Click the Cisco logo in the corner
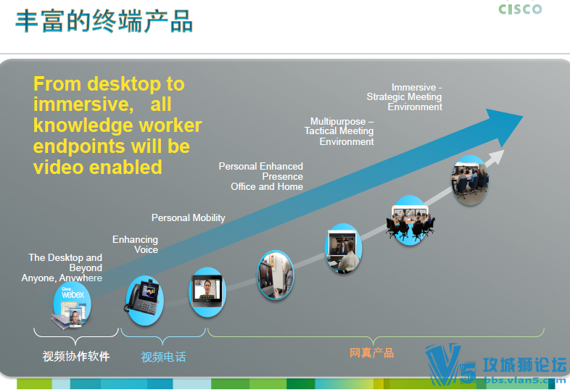(x=520, y=9)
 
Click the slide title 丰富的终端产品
(x=104, y=22)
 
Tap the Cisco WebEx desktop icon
(x=71, y=306)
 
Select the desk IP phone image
(x=144, y=300)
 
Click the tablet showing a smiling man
(x=207, y=292)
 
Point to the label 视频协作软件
(x=76, y=356)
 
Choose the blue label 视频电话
(x=163, y=357)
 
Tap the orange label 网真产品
(x=371, y=352)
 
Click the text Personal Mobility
(x=189, y=217)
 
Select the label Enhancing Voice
(x=135, y=244)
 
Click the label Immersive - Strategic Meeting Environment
(x=404, y=97)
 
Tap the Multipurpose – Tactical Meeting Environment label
(x=339, y=131)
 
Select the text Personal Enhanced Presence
(x=260, y=171)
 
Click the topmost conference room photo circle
(x=470, y=180)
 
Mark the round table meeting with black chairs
(x=410, y=220)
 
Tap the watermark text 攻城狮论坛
(x=524, y=365)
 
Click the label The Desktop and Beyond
(x=65, y=262)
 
